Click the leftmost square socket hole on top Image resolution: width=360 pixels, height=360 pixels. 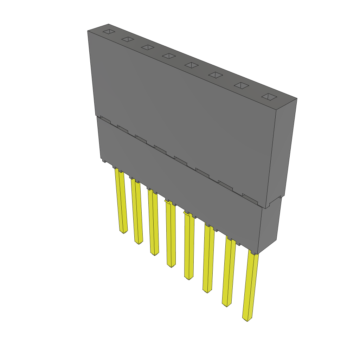[109, 32]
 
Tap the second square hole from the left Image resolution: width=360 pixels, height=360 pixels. [128, 39]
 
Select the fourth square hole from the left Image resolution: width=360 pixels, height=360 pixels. [169, 56]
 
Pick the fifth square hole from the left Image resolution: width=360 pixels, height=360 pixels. [192, 65]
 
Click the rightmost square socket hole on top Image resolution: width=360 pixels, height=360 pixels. [270, 97]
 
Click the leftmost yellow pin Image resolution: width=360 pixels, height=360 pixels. [121, 202]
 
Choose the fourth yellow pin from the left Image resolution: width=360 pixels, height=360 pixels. [171, 234]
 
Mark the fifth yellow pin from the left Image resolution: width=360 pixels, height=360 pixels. [189, 246]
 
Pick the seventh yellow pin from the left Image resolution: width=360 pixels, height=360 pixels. [229, 272]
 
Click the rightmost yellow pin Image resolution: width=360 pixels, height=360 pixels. [250, 287]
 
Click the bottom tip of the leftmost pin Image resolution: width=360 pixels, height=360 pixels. [123, 232]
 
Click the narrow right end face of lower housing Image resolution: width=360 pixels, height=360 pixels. [270, 225]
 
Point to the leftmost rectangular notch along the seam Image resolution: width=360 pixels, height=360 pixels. [105, 119]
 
